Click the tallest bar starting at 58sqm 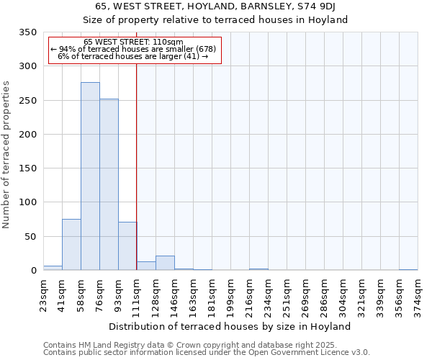click(90, 176)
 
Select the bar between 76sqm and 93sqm click(109, 184)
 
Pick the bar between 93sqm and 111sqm click(127, 246)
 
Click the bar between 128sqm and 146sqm click(165, 264)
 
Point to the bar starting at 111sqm click(146, 266)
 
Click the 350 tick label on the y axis click(27, 32)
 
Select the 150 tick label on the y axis click(27, 168)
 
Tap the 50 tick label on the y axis click(30, 236)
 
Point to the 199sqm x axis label click(230, 296)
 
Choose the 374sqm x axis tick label click(418, 296)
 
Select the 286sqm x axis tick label click(324, 296)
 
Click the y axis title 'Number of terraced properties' click(6, 155)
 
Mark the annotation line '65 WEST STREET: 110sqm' click(134, 42)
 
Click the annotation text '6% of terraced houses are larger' click(134, 56)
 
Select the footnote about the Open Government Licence click(207, 353)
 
